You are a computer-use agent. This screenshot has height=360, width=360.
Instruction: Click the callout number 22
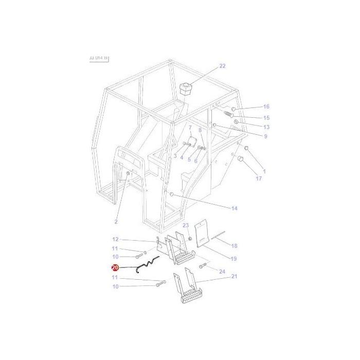click(x=222, y=66)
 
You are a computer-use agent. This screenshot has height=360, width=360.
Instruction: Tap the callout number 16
click(x=266, y=107)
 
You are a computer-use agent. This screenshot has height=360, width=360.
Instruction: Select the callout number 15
click(x=266, y=118)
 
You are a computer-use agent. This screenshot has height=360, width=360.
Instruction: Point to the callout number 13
click(x=266, y=127)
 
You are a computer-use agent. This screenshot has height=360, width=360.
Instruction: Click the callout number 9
click(x=265, y=136)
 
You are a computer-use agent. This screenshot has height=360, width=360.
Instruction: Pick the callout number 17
click(x=259, y=179)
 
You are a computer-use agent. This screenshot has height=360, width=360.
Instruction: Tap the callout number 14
click(x=234, y=208)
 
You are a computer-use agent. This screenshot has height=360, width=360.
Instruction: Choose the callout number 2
click(x=116, y=222)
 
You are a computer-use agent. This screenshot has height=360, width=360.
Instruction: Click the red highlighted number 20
click(x=115, y=267)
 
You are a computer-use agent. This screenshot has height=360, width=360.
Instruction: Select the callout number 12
click(x=115, y=239)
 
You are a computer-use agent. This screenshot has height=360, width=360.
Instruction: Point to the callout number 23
click(x=186, y=225)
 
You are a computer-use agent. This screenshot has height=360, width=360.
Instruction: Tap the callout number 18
click(x=234, y=246)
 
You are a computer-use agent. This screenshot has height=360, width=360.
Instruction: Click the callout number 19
click(x=233, y=259)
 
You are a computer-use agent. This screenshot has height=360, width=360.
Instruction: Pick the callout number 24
click(x=222, y=272)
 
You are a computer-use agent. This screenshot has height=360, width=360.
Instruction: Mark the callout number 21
click(x=234, y=277)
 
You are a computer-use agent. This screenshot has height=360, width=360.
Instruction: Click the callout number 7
click(x=190, y=128)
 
